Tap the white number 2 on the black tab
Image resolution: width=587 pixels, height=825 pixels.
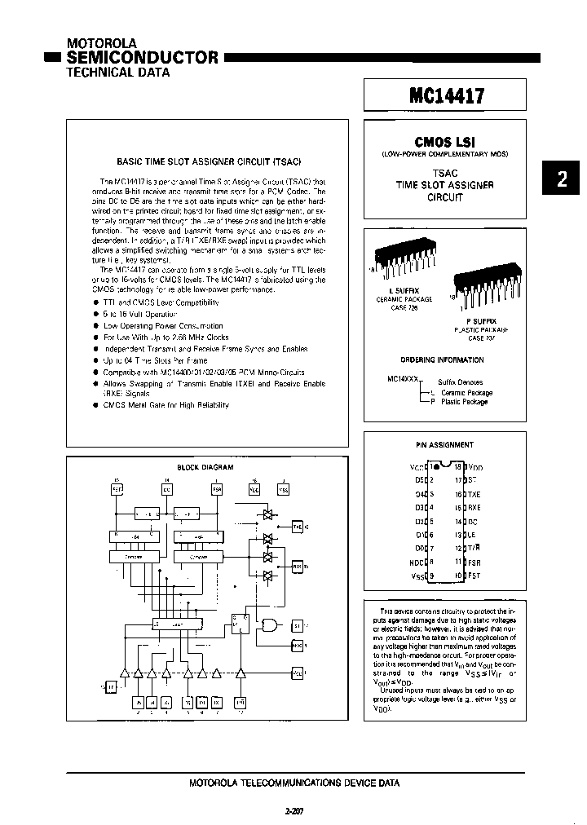pyautogui.click(x=561, y=180)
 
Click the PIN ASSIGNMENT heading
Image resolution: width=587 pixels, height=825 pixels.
pyautogui.click(x=444, y=444)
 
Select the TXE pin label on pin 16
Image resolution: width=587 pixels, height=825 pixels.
pyautogui.click(x=474, y=494)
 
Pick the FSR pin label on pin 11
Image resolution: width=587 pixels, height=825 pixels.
pyautogui.click(x=474, y=562)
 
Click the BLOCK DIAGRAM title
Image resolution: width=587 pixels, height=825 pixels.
pyautogui.click(x=205, y=467)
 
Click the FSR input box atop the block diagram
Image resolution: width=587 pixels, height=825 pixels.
pyautogui.click(x=217, y=490)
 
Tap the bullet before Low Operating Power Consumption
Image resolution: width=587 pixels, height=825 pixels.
pyautogui.click(x=97, y=325)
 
